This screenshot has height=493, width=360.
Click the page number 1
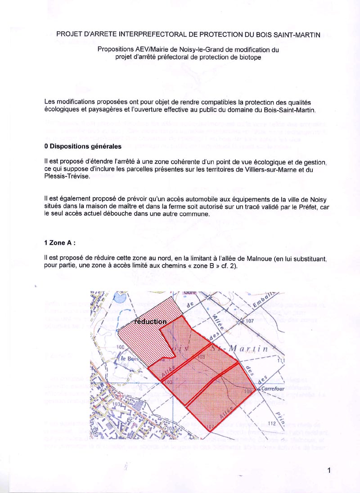pyautogui.click(x=329, y=471)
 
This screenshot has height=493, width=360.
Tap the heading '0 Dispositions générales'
pyautogui.click(x=83, y=146)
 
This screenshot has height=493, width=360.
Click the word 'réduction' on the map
pyautogui.click(x=149, y=322)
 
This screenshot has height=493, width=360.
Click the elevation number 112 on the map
pyautogui.click(x=271, y=423)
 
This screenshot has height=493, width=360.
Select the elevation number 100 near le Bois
pyautogui.click(x=120, y=347)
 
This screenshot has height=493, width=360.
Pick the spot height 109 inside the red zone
pyautogui.click(x=247, y=392)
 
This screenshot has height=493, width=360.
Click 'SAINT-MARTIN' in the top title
pyautogui.click(x=298, y=35)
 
